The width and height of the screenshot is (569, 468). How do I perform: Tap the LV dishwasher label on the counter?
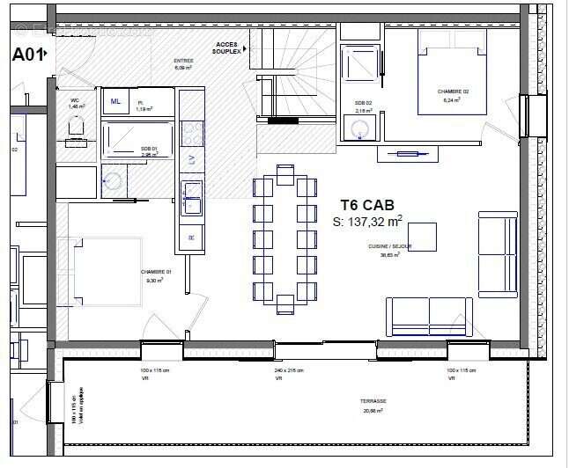tap(191, 157)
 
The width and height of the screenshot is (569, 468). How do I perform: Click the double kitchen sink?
tap(191, 198)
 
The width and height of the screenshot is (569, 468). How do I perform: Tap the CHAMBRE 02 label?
tap(453, 91)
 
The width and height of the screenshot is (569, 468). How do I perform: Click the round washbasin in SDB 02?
tap(361, 130)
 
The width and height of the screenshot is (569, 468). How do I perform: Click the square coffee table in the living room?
tap(421, 237)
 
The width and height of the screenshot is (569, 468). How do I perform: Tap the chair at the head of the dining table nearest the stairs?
tap(284, 170)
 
